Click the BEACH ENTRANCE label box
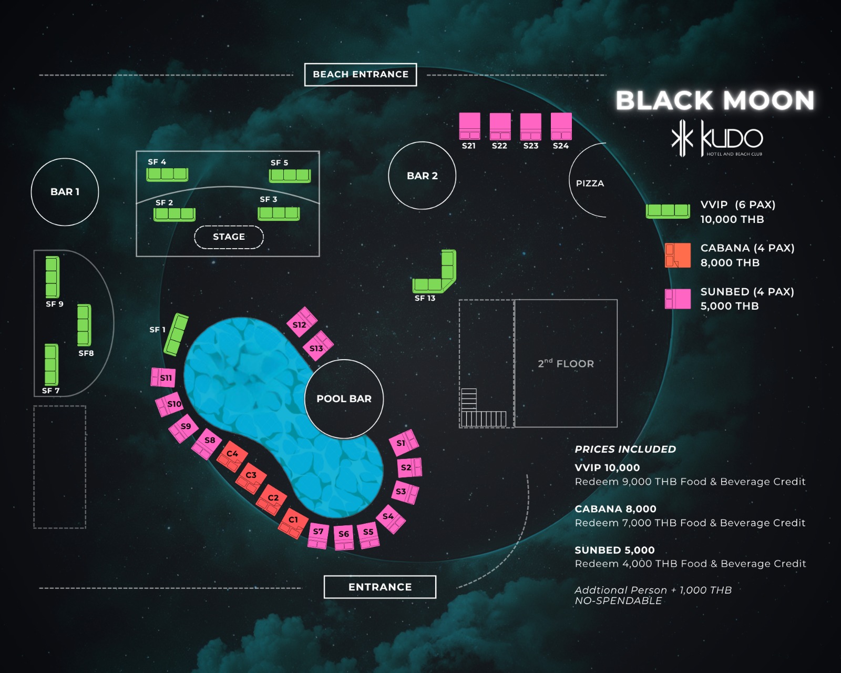(x=361, y=74)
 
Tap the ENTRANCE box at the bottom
(x=380, y=587)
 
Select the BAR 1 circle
(x=65, y=191)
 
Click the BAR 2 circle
(x=422, y=176)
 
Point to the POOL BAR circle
(x=344, y=399)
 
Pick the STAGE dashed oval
(x=229, y=237)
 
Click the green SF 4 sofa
(x=167, y=175)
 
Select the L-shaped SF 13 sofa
(x=435, y=271)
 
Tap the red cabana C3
(x=251, y=478)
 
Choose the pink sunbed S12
(x=302, y=322)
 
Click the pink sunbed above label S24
(x=561, y=126)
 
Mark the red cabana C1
(x=293, y=523)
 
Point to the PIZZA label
(x=590, y=183)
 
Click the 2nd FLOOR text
(x=566, y=363)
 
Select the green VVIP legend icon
(x=668, y=211)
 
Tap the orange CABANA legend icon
(x=678, y=255)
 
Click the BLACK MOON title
(x=715, y=100)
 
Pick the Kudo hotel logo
(x=717, y=138)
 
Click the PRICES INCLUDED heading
(x=625, y=449)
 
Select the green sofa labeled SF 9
(x=53, y=277)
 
